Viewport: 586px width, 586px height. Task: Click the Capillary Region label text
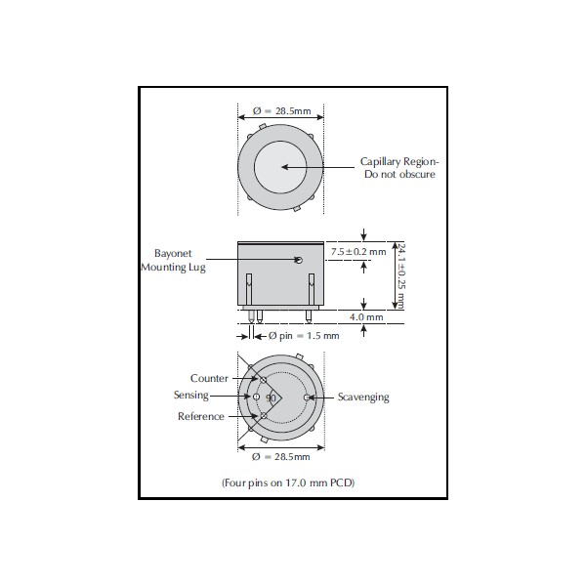click(x=399, y=168)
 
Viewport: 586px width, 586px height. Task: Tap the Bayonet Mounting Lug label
click(x=173, y=260)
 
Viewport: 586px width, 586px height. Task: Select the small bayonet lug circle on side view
click(x=299, y=260)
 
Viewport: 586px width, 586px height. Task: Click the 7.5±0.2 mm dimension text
click(x=358, y=252)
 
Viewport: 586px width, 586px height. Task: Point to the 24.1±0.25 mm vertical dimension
click(x=401, y=276)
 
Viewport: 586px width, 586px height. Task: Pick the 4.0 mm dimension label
click(x=366, y=317)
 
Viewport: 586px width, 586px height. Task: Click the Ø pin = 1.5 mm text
click(x=304, y=336)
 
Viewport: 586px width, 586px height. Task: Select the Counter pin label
click(x=209, y=378)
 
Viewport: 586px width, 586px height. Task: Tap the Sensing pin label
click(x=191, y=395)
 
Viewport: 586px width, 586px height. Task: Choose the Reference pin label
click(x=201, y=416)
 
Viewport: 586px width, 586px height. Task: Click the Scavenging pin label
click(x=363, y=397)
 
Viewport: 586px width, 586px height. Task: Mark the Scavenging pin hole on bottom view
click(x=307, y=398)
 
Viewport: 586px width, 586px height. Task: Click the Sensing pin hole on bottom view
click(x=256, y=397)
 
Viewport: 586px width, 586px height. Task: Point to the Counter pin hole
click(x=264, y=380)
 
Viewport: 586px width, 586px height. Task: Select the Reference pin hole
click(x=264, y=415)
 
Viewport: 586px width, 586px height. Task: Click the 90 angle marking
click(x=271, y=398)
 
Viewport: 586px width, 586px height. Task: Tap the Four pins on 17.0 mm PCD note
click(x=288, y=482)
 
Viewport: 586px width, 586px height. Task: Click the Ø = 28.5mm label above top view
click(x=282, y=111)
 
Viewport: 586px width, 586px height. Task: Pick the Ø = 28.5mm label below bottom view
click(x=281, y=457)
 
